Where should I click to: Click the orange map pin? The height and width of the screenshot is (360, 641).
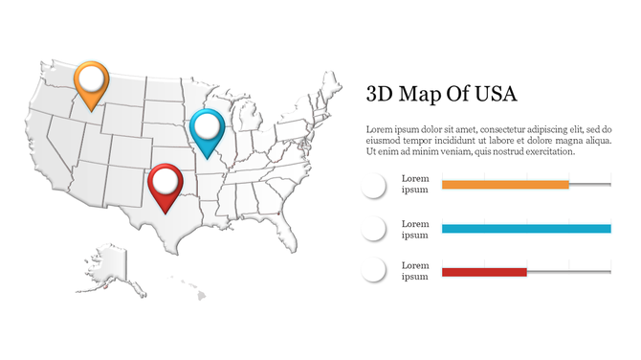[x=90, y=81]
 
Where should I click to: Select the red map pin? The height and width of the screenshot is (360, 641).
[x=166, y=183]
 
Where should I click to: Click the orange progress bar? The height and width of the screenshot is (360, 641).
[x=505, y=184]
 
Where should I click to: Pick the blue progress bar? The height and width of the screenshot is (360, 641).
[x=526, y=229]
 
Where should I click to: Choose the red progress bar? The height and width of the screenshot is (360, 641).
[x=484, y=273]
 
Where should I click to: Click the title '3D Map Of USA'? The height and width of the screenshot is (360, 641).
[x=441, y=94]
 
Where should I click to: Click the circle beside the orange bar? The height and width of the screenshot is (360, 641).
[x=373, y=186]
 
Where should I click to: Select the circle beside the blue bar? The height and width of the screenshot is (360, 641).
[x=373, y=229]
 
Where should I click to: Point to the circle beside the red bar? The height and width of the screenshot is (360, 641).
[x=373, y=271]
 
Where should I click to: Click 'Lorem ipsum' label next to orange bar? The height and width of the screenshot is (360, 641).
[x=415, y=184]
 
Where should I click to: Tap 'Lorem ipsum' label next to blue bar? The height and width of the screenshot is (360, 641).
[x=415, y=229]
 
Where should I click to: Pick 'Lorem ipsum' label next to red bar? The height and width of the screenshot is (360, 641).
[x=415, y=271]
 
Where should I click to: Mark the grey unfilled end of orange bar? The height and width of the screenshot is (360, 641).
[x=590, y=184]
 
